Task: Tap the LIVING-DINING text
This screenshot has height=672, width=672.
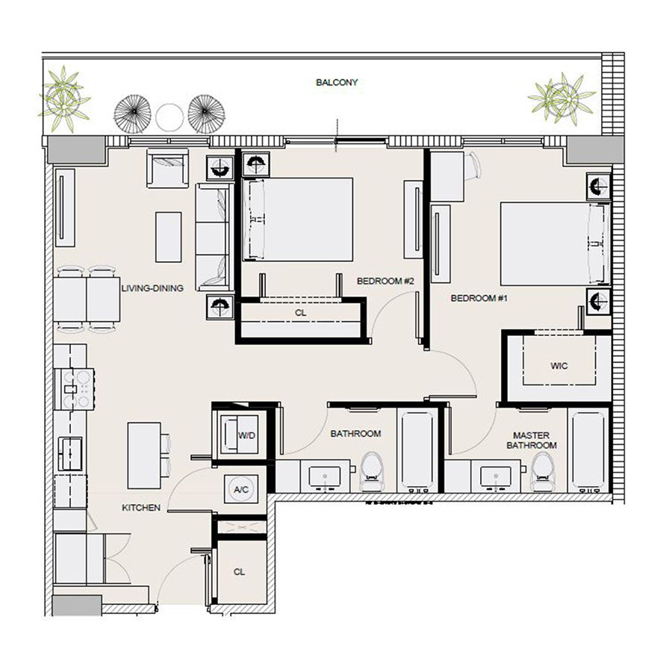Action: pyautogui.click(x=152, y=287)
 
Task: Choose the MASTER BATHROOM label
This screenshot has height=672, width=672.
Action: pyautogui.click(x=532, y=440)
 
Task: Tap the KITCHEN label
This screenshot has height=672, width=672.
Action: pyautogui.click(x=141, y=508)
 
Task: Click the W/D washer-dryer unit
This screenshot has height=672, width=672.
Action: pyautogui.click(x=241, y=433)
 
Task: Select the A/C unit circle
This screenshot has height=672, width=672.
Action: pyautogui.click(x=240, y=488)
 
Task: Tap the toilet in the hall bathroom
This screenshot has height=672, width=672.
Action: pyautogui.click(x=371, y=470)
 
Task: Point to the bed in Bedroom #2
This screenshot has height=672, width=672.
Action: pyautogui.click(x=299, y=220)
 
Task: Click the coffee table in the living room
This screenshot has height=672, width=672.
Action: pyautogui.click(x=168, y=235)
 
